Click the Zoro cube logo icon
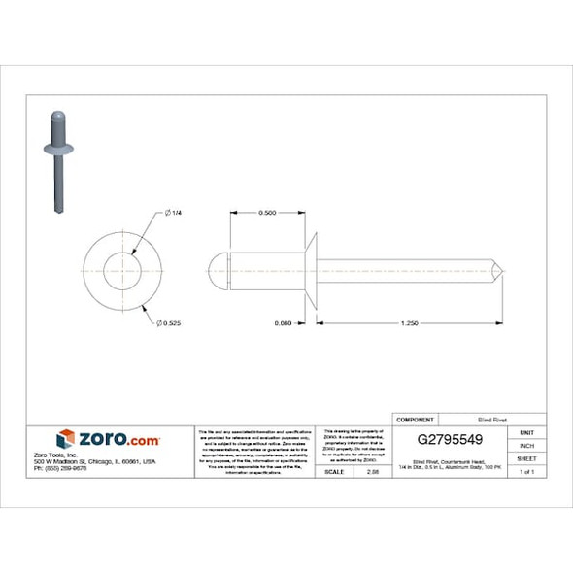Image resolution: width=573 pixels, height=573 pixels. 66,439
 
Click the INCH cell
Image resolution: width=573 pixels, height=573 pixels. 526,445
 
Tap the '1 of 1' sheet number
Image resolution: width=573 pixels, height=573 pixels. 526,471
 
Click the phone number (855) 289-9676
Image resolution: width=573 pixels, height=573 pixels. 86,469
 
